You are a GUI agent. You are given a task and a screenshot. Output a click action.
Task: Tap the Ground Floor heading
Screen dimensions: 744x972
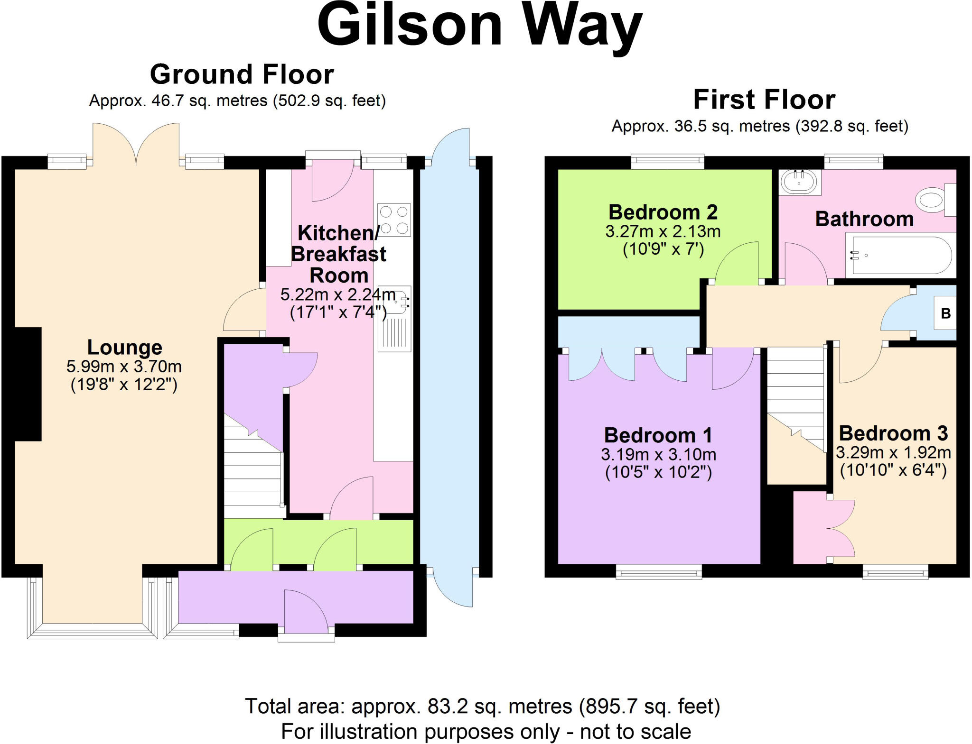click(242, 74)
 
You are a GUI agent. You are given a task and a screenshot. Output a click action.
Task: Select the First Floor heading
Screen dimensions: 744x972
click(764, 100)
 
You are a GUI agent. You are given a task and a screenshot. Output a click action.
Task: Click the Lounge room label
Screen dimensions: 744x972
click(125, 347)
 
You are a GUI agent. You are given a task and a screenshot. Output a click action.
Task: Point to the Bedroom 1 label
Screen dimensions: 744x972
click(658, 435)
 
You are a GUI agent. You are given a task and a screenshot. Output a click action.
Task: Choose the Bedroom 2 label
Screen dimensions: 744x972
click(663, 212)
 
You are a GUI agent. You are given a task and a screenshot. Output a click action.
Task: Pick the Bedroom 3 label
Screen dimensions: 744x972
click(893, 433)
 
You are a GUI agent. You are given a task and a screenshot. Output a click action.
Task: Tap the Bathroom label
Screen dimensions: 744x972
click(864, 219)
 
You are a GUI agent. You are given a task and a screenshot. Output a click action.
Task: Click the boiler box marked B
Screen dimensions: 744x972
click(945, 313)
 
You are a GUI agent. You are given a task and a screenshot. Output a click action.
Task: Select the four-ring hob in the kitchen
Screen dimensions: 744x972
click(394, 220)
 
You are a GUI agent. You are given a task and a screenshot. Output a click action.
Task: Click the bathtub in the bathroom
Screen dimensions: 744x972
click(901, 255)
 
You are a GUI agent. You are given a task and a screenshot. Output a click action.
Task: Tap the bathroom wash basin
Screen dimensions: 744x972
click(799, 181)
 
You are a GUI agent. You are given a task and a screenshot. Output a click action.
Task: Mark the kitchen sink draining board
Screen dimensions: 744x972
click(394, 334)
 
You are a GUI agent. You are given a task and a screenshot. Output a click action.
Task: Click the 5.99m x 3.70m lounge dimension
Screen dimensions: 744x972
click(124, 367)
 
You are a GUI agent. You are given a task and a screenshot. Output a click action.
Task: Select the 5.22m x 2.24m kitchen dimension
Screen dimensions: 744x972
click(338, 294)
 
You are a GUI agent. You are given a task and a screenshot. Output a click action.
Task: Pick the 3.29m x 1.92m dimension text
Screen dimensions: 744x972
click(893, 452)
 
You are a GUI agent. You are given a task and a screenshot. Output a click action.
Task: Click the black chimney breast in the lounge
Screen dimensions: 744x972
click(28, 384)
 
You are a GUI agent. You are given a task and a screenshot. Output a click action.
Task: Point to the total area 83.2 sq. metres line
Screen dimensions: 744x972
click(482, 706)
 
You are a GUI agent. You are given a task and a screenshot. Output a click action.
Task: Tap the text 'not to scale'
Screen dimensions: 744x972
click(635, 731)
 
